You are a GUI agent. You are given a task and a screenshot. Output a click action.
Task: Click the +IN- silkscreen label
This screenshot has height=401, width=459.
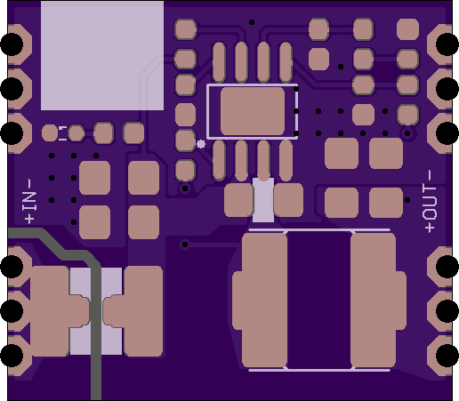(29, 201)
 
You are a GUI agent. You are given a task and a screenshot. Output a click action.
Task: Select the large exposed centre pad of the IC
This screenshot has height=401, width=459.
(253, 111)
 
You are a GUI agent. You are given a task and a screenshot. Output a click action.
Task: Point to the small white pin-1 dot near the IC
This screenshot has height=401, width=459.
(201, 144)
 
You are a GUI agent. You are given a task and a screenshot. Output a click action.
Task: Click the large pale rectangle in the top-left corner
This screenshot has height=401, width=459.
(102, 55)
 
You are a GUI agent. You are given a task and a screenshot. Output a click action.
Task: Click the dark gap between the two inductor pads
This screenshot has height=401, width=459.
(319, 300)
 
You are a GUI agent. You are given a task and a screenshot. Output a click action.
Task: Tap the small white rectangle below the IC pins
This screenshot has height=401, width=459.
(263, 200)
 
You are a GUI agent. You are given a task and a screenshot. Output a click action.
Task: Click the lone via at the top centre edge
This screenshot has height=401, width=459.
(252, 22)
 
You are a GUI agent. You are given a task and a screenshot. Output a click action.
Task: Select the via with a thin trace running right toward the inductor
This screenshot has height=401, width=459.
(185, 245)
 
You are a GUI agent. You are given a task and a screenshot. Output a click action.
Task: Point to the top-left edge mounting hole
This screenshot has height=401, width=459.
(12, 44)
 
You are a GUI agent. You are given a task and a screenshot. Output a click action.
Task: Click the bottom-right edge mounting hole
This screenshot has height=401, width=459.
(447, 356)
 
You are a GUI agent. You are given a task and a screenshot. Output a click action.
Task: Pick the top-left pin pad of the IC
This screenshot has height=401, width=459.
(219, 62)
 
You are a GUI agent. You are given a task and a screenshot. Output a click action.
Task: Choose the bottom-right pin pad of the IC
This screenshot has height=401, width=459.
(286, 160)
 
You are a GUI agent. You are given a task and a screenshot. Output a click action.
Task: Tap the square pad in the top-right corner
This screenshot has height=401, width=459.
(407, 29)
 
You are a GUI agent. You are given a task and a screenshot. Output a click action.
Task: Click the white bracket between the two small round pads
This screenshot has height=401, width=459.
(63, 133)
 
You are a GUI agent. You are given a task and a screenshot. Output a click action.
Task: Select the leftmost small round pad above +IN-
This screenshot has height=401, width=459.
(50, 132)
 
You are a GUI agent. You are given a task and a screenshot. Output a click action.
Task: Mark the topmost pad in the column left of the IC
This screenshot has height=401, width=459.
(185, 29)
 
